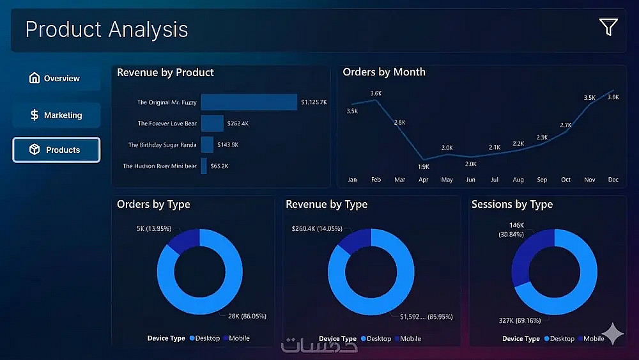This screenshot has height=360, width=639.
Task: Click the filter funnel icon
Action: point(608,27)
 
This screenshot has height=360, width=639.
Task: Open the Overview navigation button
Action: point(56,79)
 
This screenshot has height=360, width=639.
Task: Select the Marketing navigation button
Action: point(56,115)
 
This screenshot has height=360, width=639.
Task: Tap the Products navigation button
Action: point(56,150)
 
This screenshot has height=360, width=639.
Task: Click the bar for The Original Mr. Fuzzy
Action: point(249,102)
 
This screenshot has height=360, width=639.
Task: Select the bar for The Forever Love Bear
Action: point(212,123)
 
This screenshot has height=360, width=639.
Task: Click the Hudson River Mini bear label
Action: point(160,166)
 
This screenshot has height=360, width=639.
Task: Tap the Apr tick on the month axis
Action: point(423,180)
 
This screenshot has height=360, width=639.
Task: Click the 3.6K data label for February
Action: point(376,93)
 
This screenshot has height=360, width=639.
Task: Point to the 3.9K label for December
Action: point(613,97)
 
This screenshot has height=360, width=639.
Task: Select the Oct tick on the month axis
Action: point(566,180)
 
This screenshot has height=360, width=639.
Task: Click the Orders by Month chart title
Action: point(384,72)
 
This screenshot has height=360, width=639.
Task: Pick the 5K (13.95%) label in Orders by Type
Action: point(154,228)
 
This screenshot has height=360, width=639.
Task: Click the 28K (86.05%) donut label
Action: point(247,316)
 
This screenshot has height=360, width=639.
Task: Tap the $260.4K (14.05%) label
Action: point(317,228)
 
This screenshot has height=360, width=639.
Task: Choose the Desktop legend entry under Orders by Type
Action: point(204,338)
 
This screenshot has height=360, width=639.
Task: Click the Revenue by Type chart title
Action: point(327,205)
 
